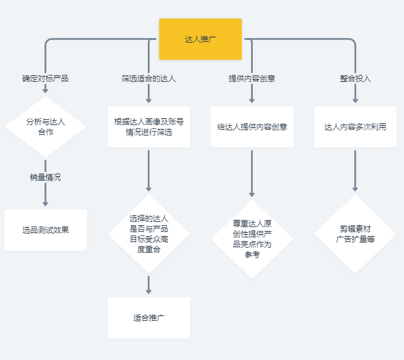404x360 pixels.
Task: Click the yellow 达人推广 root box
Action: [x=200, y=39]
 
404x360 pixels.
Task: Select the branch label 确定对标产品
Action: [x=45, y=79]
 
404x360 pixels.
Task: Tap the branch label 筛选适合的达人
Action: [x=148, y=79]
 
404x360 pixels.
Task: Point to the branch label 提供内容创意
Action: [x=252, y=79]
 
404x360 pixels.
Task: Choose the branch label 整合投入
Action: [x=355, y=79]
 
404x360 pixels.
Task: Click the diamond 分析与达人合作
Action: [x=45, y=126]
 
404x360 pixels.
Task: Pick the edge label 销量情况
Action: [x=45, y=177]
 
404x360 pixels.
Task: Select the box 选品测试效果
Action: [x=45, y=230]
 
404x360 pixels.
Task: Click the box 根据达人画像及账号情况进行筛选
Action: [x=148, y=126]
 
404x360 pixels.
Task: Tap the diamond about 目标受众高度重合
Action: [x=148, y=234]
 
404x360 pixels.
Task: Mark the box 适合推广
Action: [x=148, y=317]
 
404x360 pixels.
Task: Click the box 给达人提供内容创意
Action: [x=252, y=126]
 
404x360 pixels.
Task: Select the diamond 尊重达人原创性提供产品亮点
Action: [x=252, y=239]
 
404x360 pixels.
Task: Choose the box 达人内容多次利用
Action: [x=355, y=126]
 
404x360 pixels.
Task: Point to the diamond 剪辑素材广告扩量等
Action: [x=355, y=234]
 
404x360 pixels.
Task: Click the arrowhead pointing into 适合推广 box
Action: [x=148, y=292]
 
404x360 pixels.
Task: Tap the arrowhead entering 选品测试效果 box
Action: [x=45, y=204]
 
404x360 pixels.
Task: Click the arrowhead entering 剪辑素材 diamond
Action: [x=355, y=189]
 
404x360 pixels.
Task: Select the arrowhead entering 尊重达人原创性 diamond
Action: [x=252, y=194]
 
